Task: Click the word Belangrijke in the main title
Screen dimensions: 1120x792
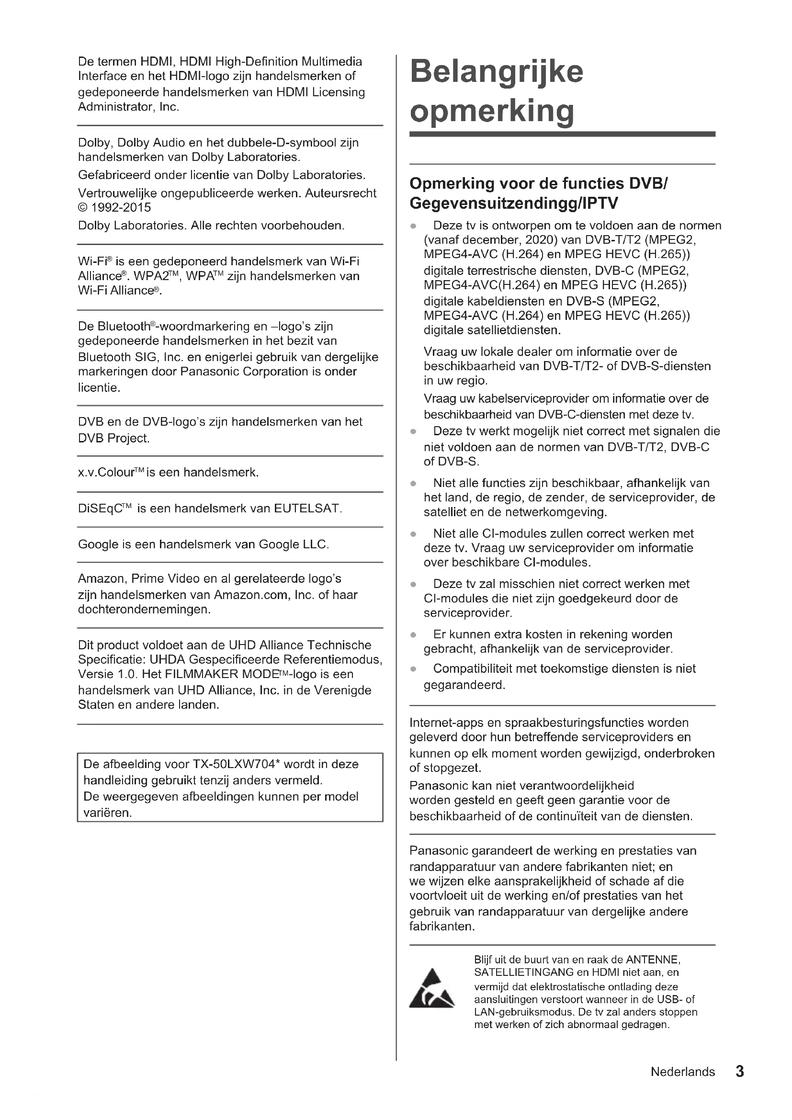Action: pos(497,72)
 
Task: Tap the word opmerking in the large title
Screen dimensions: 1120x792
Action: pos(492,111)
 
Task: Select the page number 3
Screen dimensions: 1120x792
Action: pos(739,1072)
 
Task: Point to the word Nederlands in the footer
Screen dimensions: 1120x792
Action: pos(683,1072)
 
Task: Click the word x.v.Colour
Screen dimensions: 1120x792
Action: pos(106,473)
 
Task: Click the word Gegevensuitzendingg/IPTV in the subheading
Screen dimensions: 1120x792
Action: pos(514,203)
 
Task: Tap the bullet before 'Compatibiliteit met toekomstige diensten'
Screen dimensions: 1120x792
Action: pos(413,669)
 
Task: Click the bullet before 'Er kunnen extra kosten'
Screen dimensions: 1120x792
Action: pos(413,635)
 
